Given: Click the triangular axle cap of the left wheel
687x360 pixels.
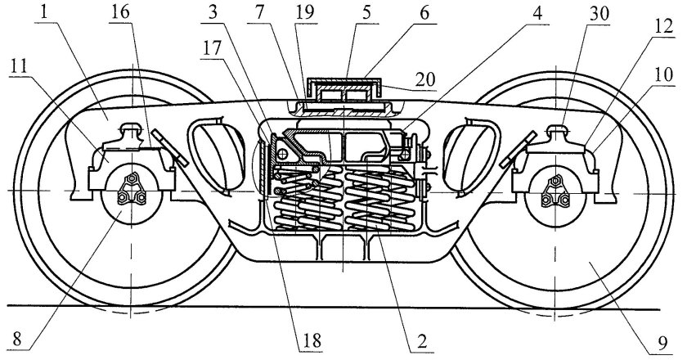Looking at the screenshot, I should (129, 191).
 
